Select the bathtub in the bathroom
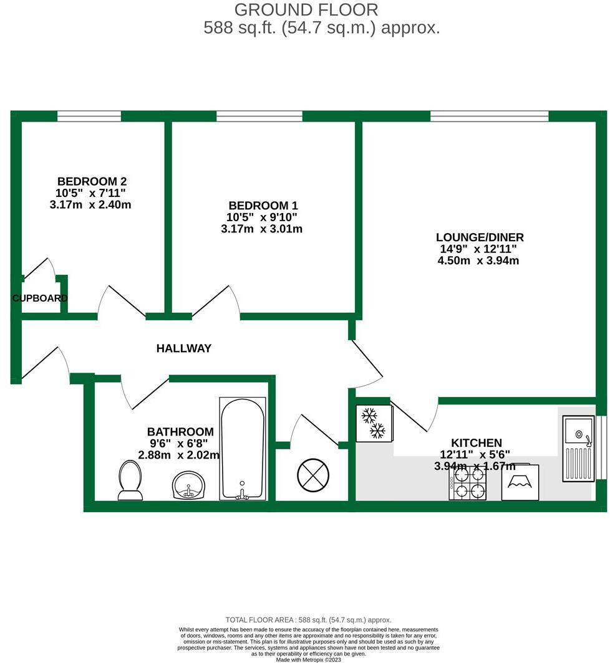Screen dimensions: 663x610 tap(243, 448)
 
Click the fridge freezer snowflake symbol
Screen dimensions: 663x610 tap(373, 423)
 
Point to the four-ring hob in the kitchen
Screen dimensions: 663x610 tap(467, 483)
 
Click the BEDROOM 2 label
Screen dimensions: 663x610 tap(92, 181)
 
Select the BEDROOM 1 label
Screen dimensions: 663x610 tap(263, 206)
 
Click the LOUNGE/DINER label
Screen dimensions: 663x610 tap(479, 237)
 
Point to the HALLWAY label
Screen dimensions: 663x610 tap(183, 348)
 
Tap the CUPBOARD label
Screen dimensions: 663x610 tap(40, 298)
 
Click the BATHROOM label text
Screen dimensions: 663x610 tap(180, 431)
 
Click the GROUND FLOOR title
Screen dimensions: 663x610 tap(306, 10)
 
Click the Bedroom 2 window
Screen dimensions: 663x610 tap(89, 116)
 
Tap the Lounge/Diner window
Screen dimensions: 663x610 tap(489, 116)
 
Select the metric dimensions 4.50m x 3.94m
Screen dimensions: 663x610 tap(479, 260)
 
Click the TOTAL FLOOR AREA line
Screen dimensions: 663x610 tap(308, 620)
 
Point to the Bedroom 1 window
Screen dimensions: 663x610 tap(259, 116)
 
